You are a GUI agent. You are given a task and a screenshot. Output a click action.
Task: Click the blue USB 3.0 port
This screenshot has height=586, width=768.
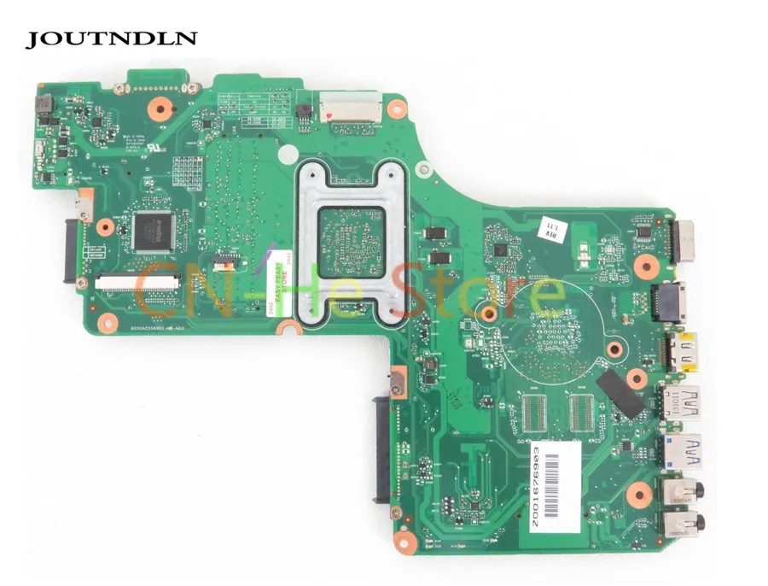(680, 450)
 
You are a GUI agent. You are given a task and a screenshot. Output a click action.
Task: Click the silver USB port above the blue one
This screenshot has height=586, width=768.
(680, 400)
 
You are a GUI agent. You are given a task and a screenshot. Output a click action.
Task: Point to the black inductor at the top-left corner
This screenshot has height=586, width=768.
(43, 106)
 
